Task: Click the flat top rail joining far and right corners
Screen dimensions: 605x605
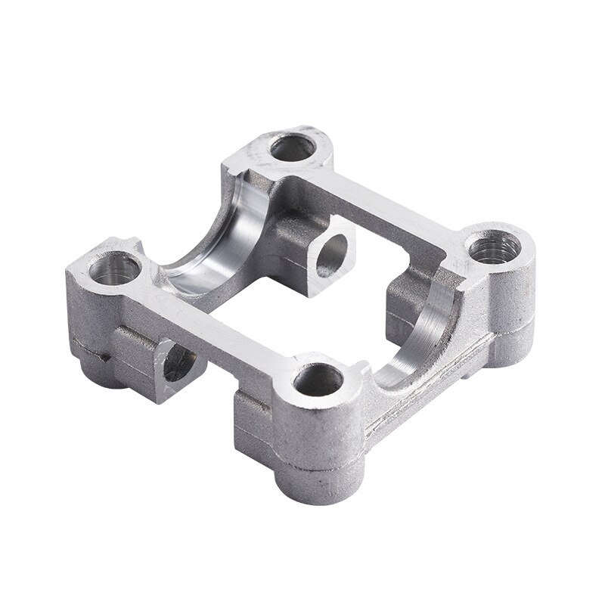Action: point(393,197)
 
